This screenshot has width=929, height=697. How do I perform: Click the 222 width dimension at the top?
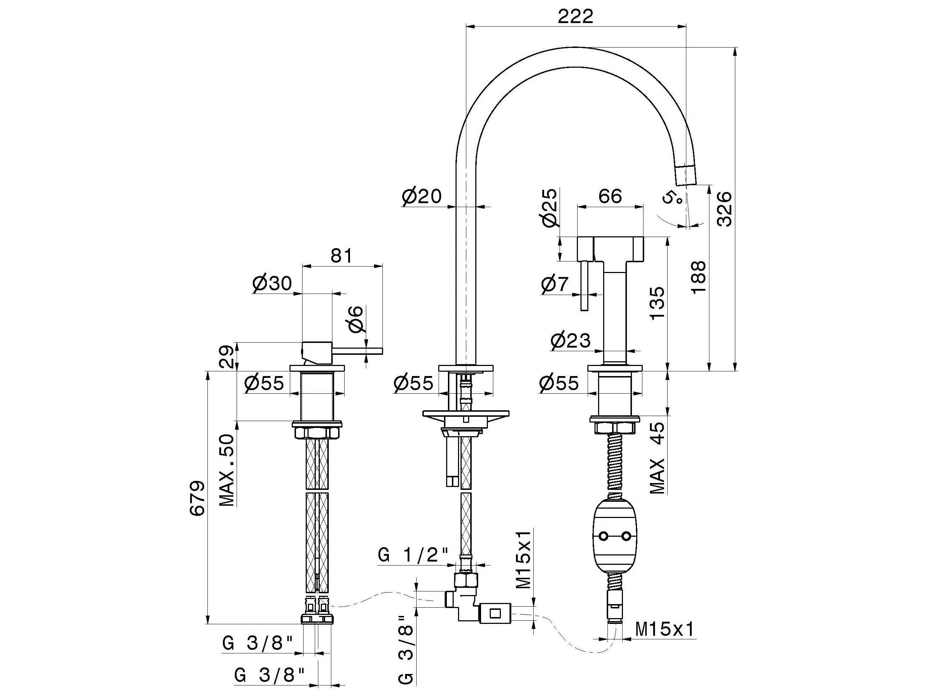pos(575,16)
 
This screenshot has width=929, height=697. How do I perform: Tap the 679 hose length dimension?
pos(197,498)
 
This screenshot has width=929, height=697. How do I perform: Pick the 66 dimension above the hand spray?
pos(610,196)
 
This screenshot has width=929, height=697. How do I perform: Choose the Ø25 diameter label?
pos(550,208)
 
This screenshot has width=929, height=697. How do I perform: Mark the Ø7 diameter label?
pos(555,285)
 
